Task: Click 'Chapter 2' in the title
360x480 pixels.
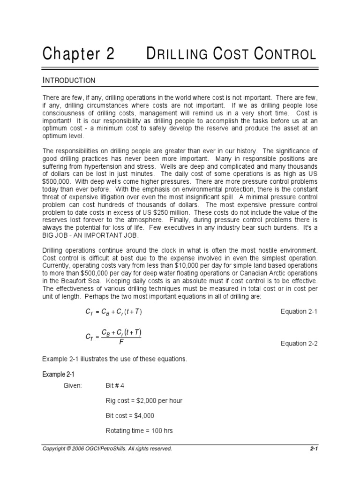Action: (x=78, y=54)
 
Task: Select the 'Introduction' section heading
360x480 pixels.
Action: (x=69, y=80)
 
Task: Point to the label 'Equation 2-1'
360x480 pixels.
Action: (x=299, y=312)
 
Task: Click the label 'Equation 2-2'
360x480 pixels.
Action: (x=299, y=343)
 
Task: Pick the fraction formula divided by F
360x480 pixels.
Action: (x=113, y=336)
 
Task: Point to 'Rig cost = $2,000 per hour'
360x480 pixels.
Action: (x=144, y=400)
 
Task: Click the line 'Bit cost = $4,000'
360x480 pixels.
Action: (x=130, y=415)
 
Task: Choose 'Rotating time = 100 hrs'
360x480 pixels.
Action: (x=140, y=430)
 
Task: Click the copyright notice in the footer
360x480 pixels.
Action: (x=107, y=449)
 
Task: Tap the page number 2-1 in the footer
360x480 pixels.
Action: (x=314, y=449)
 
